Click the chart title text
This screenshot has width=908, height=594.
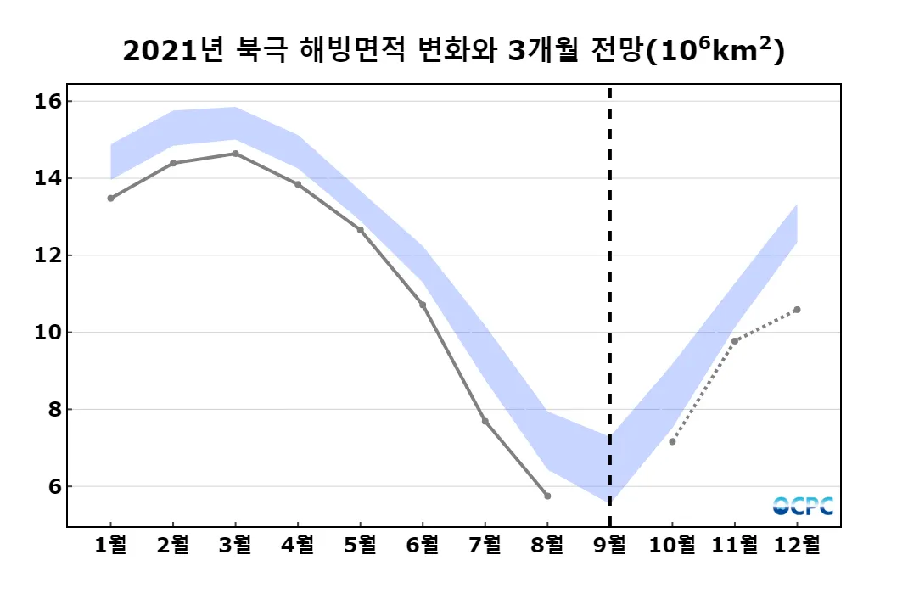453,51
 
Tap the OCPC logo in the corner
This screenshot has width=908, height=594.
803,506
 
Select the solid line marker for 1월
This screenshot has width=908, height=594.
110,198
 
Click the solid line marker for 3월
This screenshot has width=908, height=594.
235,154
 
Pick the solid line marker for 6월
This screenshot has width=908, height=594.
423,305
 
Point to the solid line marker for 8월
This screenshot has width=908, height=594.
547,496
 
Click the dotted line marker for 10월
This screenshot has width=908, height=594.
672,441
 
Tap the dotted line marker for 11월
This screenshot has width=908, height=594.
735,341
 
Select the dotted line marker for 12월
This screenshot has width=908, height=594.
797,310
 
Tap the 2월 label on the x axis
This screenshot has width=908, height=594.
173,545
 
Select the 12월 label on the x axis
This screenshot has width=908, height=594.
797,545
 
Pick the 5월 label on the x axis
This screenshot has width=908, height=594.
360,545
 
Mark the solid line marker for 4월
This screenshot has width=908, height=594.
298,184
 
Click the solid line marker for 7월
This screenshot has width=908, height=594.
485,421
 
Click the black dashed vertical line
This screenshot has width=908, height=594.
609,297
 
